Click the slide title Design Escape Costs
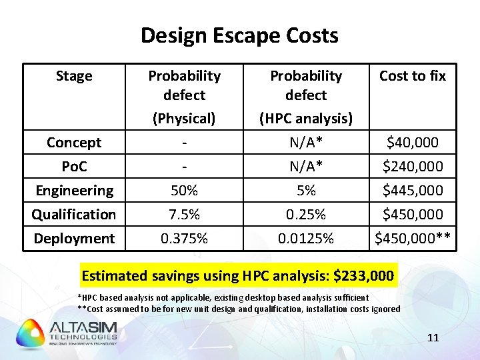click(239, 35)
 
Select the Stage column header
click(74, 76)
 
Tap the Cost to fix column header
click(413, 76)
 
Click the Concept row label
click(74, 143)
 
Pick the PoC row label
click(74, 167)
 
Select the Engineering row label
click(74, 191)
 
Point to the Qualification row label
click(74, 215)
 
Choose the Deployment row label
click(74, 239)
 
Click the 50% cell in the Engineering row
click(184, 191)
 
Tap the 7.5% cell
click(184, 215)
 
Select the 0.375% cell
click(184, 239)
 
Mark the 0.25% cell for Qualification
click(306, 215)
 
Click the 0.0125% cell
click(306, 239)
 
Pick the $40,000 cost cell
click(413, 143)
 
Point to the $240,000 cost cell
click(413, 167)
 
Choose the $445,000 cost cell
click(413, 191)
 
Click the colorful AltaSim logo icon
click(31, 333)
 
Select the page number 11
click(433, 338)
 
